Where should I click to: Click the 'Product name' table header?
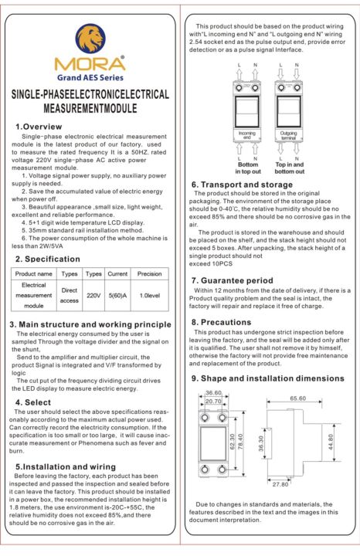pos(34,273)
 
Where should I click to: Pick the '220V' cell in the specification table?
pos(93,295)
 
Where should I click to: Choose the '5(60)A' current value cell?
pos(117,295)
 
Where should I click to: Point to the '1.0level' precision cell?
pos(149,295)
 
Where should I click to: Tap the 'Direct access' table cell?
pos(70,295)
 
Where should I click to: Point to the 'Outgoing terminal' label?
pos(289,156)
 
